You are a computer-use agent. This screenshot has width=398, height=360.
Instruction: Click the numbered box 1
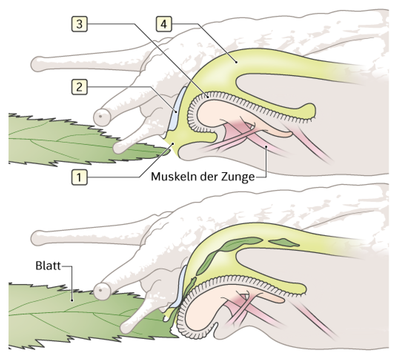[79, 177]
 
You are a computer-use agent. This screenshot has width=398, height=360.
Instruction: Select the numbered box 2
[79, 87]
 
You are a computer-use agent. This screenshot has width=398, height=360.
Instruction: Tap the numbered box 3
[79, 24]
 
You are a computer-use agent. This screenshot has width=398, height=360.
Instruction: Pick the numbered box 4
[164, 24]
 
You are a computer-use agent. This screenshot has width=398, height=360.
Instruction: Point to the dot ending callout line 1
[173, 144]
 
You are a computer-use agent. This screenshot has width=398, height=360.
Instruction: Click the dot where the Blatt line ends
[72, 300]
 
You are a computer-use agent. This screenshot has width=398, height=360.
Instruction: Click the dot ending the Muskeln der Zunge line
[266, 147]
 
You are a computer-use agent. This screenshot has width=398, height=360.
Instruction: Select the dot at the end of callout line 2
[175, 111]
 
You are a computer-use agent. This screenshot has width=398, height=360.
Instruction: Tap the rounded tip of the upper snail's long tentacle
[34, 63]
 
